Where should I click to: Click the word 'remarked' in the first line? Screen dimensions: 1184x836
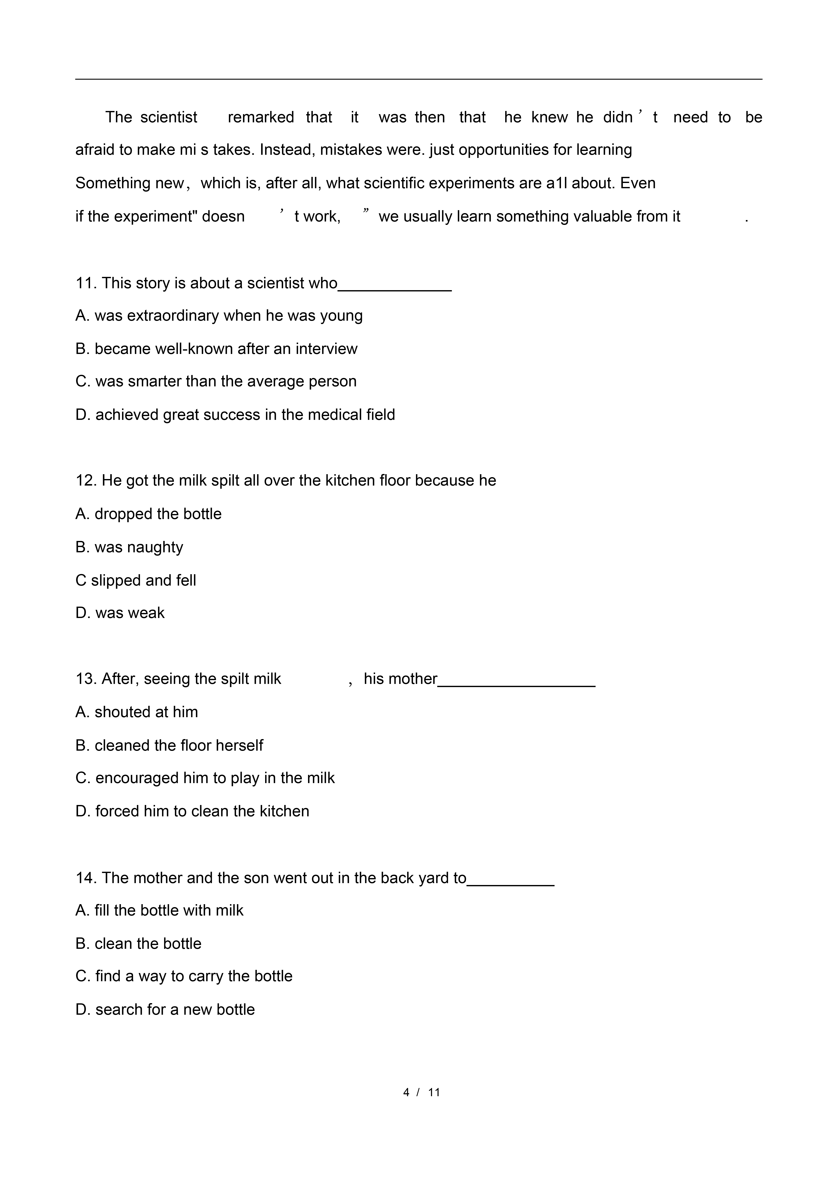click(261, 117)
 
